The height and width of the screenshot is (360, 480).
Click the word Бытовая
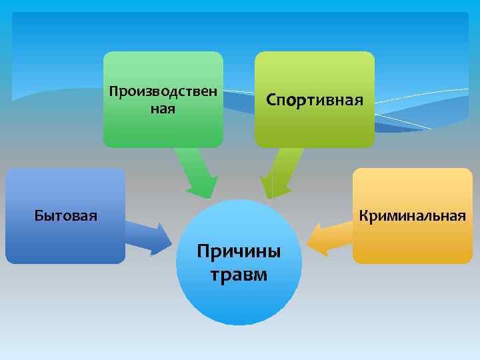click(65, 215)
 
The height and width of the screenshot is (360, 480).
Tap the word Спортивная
click(315, 100)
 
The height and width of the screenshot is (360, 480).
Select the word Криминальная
click(412, 215)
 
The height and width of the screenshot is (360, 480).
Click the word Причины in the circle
click(239, 253)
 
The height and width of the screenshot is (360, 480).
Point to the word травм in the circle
click(239, 273)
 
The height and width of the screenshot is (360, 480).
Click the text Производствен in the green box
click(163, 91)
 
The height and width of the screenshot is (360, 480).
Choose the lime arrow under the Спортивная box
click(280, 172)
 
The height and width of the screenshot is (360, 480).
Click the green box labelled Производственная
click(163, 130)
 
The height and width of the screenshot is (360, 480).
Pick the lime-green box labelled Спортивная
click(315, 130)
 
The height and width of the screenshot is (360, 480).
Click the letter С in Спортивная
click(271, 100)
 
